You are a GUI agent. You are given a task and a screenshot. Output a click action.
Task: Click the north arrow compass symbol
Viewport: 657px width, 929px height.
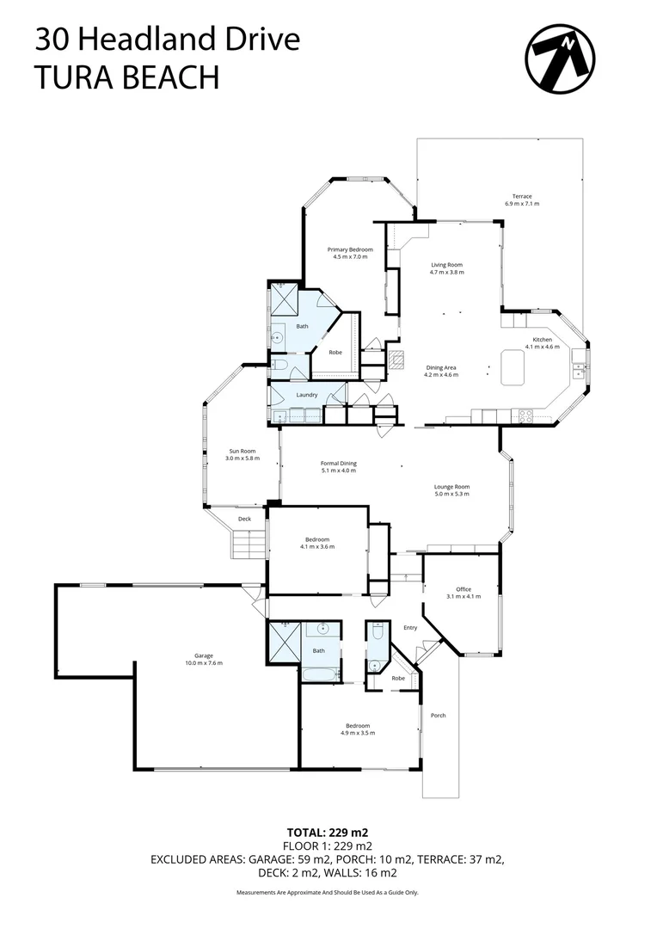click(x=561, y=58)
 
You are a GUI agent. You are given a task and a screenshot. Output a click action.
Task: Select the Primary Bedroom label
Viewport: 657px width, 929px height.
click(x=349, y=253)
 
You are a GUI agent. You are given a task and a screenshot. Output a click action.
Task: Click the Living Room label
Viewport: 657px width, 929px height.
click(x=446, y=268)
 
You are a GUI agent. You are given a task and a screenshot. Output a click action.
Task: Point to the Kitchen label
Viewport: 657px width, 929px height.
click(x=542, y=343)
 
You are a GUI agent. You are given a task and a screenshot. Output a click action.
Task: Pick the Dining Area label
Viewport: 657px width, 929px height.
click(x=442, y=371)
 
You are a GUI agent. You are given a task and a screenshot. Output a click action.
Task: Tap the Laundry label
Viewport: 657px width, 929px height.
click(x=307, y=395)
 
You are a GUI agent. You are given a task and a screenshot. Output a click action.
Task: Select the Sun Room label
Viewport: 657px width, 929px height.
click(x=242, y=454)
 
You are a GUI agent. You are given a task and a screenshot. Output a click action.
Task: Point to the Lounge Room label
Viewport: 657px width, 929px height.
click(x=451, y=490)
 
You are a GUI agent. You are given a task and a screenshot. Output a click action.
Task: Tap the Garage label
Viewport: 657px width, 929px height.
click(x=204, y=659)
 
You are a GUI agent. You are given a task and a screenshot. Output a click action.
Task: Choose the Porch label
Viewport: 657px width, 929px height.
click(x=439, y=716)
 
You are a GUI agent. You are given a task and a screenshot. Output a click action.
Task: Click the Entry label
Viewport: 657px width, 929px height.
click(x=410, y=628)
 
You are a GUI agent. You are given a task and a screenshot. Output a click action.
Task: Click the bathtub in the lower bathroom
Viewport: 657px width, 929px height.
click(x=319, y=674)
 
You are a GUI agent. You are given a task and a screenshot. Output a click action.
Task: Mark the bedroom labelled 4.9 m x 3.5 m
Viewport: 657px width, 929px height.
click(x=358, y=729)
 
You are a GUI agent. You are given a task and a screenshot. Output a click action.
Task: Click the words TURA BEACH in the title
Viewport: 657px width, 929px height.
click(x=126, y=77)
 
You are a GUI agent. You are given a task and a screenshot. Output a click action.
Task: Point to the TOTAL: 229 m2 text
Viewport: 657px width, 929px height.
click(x=328, y=833)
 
